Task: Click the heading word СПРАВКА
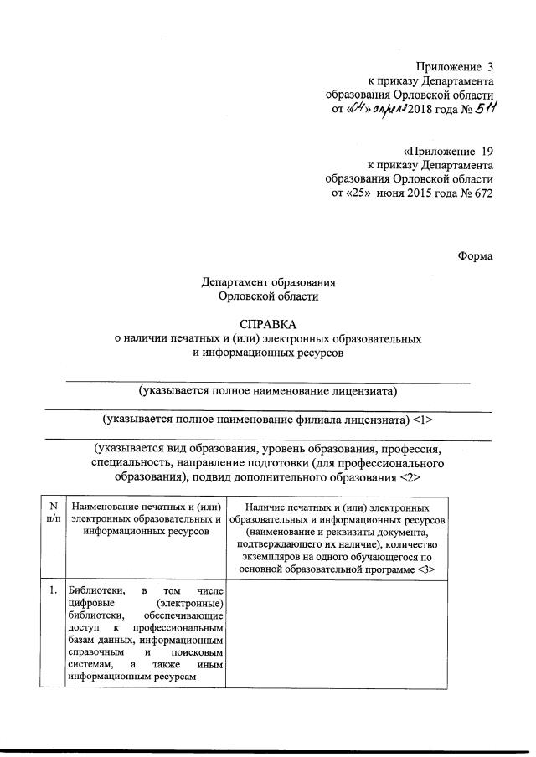pyautogui.click(x=268, y=323)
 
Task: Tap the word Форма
pyautogui.click(x=476, y=256)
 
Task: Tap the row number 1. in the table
pyautogui.click(x=53, y=590)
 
